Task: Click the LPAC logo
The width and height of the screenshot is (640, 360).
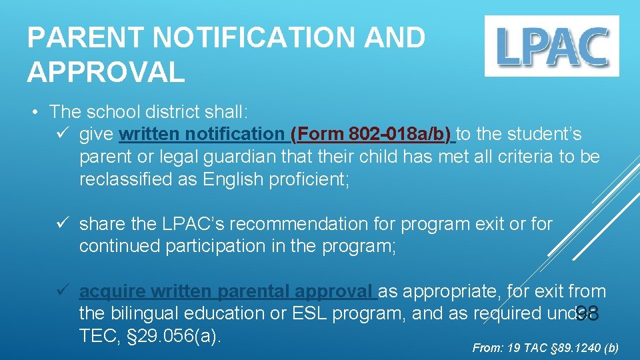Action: (x=551, y=46)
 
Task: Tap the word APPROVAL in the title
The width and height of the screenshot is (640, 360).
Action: (x=106, y=71)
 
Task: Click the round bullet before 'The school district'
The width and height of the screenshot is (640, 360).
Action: (x=37, y=111)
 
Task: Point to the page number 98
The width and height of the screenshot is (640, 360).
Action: (x=587, y=313)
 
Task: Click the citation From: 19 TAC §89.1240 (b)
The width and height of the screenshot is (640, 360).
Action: (x=545, y=348)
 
